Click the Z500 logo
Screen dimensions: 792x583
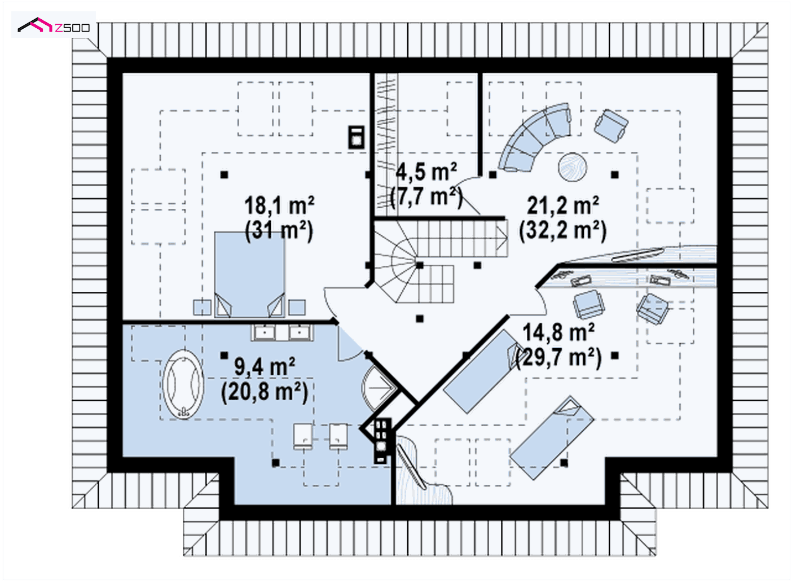coord(54,25)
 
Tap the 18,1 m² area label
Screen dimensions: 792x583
coord(279,205)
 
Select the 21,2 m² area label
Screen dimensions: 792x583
coord(563,205)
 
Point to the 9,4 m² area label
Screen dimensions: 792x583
coord(264,367)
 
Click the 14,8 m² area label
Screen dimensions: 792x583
coord(558,332)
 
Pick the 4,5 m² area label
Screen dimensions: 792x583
coord(426,172)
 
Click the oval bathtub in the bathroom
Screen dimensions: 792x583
coord(183,384)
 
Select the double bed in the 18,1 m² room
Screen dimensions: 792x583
coord(250,274)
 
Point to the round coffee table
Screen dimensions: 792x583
coord(573,167)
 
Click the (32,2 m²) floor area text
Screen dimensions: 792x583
coord(563,230)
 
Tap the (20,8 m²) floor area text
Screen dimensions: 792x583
coord(265,392)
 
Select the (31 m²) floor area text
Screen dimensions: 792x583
coord(279,230)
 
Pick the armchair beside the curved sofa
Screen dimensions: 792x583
coord(611,126)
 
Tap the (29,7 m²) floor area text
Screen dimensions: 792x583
coord(558,357)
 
